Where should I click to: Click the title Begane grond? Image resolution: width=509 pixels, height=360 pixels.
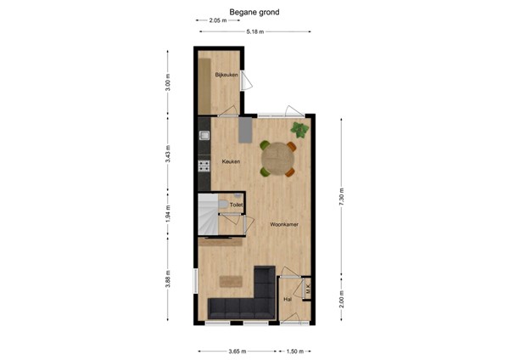click(255, 13)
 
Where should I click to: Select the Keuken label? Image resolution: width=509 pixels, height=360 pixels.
click(231, 161)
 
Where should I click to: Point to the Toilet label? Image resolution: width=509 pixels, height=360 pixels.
click(236, 205)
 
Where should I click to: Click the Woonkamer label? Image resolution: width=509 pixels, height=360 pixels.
click(282, 224)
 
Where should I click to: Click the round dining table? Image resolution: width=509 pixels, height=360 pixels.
click(277, 157)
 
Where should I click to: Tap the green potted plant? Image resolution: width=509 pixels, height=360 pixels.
click(299, 130)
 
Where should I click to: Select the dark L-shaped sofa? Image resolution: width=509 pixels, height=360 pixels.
click(246, 304)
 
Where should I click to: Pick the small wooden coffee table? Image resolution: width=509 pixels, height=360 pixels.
click(229, 281)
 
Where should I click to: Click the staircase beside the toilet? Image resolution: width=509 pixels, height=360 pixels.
click(209, 214)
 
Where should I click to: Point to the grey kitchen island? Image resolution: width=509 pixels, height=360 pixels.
click(245, 130)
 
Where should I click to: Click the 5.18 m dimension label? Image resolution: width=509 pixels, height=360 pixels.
click(255, 31)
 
